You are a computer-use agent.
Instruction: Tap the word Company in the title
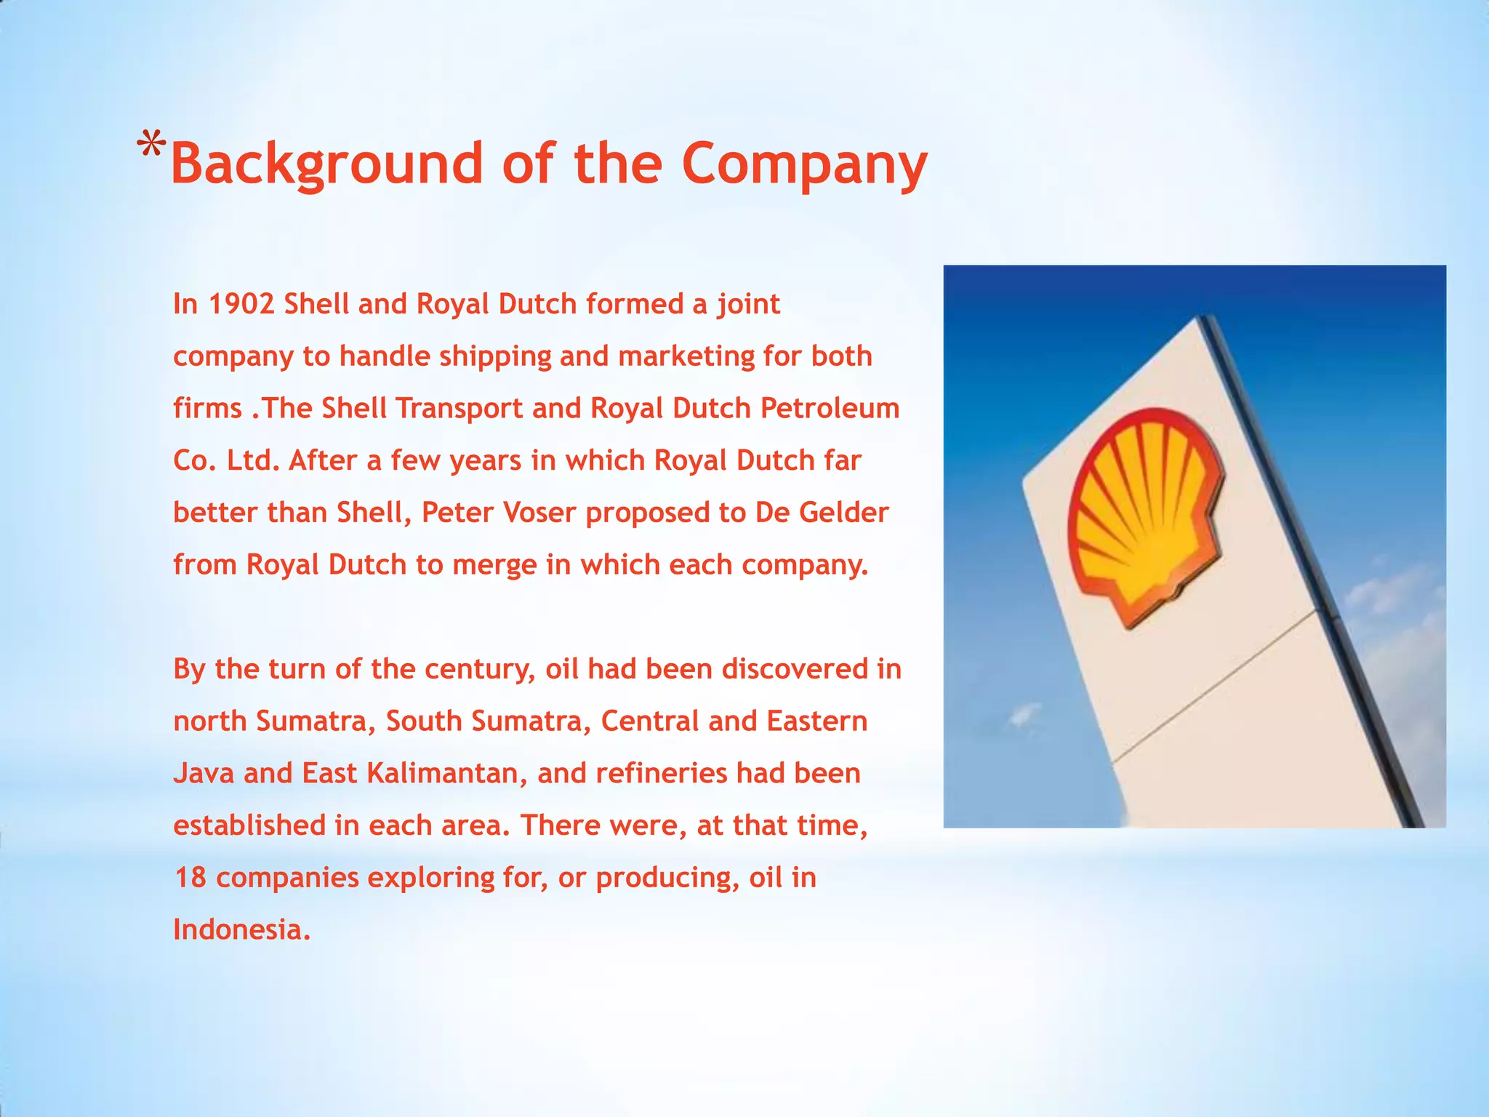pos(804,164)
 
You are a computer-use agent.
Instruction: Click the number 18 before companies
pos(190,878)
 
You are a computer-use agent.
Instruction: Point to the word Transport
pos(459,409)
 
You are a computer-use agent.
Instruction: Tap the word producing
pos(668,878)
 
